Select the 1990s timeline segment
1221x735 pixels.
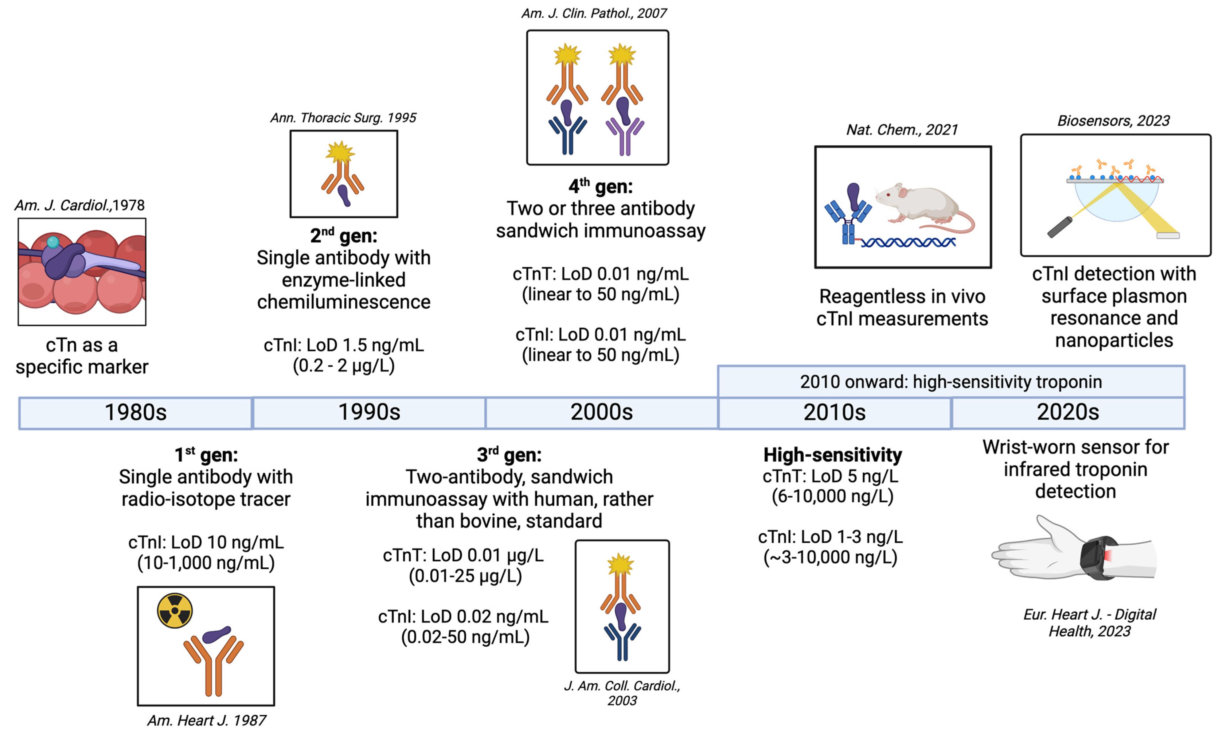[369, 413]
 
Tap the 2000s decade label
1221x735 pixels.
[601, 413]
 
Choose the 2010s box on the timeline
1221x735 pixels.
[835, 413]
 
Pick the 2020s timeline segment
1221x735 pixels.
[1068, 413]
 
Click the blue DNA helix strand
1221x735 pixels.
[908, 242]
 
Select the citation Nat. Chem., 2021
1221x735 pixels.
[902, 130]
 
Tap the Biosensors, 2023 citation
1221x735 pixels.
[1113, 121]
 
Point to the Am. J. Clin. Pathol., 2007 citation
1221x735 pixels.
[594, 13]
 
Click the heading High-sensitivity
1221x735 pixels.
[833, 455]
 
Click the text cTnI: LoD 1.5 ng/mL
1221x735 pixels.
[343, 345]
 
